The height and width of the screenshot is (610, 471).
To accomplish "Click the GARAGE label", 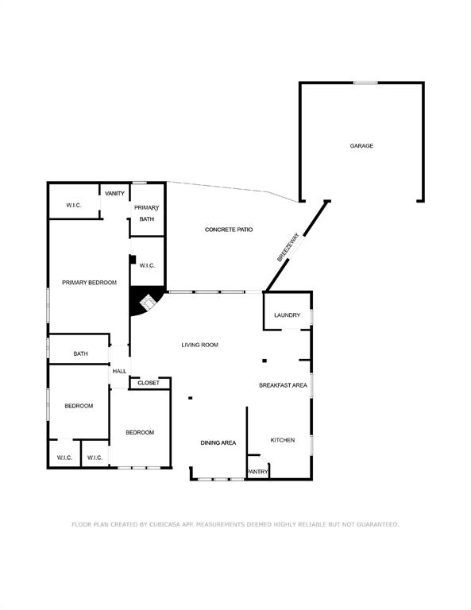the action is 361,146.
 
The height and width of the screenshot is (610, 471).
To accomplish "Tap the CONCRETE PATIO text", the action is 229,230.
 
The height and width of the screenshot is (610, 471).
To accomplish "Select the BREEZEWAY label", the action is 288,247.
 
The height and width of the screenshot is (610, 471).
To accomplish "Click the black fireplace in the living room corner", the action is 146,301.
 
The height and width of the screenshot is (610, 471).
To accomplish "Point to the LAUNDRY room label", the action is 287,315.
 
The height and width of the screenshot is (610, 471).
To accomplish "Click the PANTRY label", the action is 258,472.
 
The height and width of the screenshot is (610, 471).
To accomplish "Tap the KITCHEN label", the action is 283,440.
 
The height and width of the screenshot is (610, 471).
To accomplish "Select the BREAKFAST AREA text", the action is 283,385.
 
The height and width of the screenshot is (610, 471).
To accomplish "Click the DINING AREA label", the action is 218,442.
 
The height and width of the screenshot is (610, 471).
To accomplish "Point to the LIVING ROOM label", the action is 200,345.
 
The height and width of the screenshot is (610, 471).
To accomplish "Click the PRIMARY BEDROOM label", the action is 90,283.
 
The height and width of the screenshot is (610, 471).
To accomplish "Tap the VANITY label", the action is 114,193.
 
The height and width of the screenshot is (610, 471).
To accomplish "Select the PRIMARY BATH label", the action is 147,213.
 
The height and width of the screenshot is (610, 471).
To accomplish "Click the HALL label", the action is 119,371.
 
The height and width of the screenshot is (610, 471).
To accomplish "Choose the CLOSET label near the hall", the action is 149,383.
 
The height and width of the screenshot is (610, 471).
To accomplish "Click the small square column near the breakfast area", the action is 264,361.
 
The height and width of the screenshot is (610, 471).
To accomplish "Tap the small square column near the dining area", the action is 191,398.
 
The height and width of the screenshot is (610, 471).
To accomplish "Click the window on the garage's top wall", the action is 365,83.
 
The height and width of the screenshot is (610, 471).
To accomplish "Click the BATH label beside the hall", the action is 80,353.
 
